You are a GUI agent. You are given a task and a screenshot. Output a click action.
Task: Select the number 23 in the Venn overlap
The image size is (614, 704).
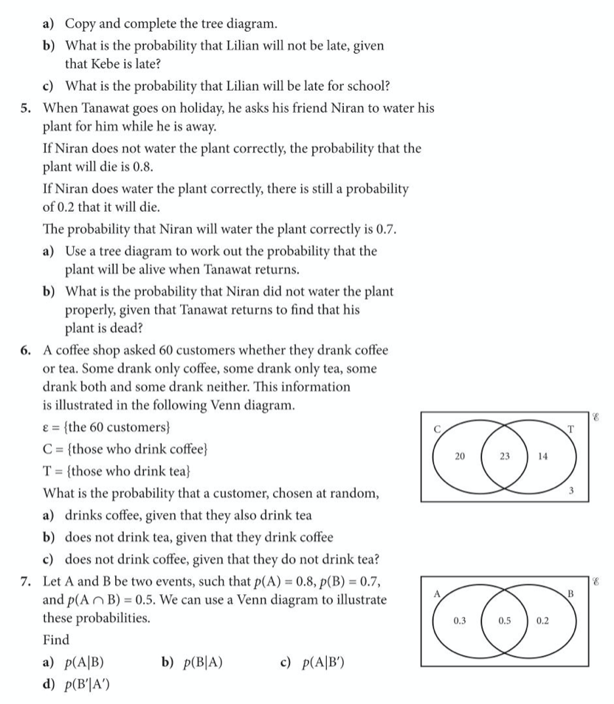click(505, 457)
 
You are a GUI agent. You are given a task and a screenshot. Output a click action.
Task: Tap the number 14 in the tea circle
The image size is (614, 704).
click(542, 457)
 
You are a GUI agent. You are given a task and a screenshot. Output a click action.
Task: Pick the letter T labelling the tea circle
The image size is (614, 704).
click(570, 429)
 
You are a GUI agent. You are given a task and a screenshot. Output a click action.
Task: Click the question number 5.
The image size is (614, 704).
click(26, 108)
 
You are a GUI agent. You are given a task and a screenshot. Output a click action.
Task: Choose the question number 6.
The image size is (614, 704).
click(26, 350)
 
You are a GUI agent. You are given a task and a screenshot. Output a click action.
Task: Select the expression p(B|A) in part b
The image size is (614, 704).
click(196, 662)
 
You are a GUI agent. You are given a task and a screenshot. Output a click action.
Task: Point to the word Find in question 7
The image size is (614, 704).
click(56, 639)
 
